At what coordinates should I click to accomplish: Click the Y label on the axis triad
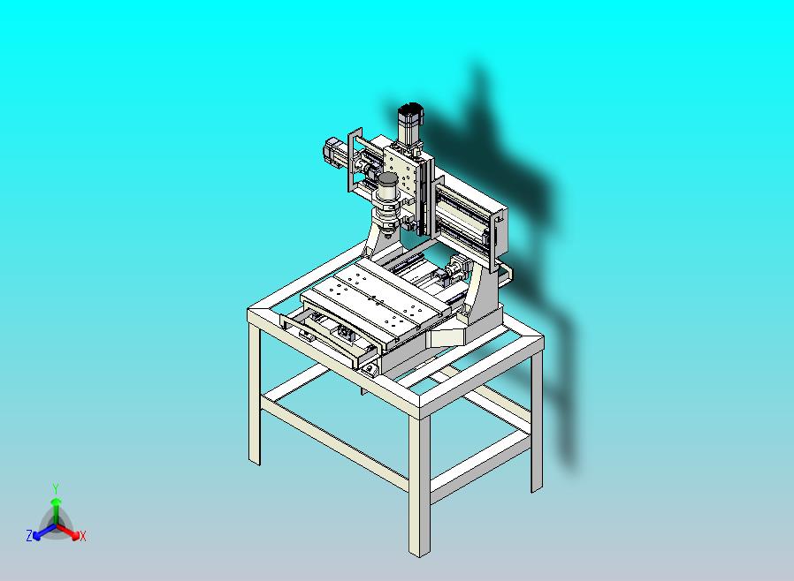click(x=56, y=488)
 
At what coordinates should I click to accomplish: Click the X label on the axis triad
click(x=83, y=536)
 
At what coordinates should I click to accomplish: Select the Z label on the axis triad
click(x=29, y=535)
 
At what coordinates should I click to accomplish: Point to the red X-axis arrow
click(x=68, y=531)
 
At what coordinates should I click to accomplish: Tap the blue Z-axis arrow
click(x=44, y=531)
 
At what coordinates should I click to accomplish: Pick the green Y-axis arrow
click(x=56, y=511)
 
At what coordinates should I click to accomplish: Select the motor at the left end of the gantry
click(x=335, y=154)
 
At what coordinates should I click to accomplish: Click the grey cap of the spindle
click(x=388, y=179)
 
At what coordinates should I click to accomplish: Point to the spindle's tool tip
click(x=387, y=234)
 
